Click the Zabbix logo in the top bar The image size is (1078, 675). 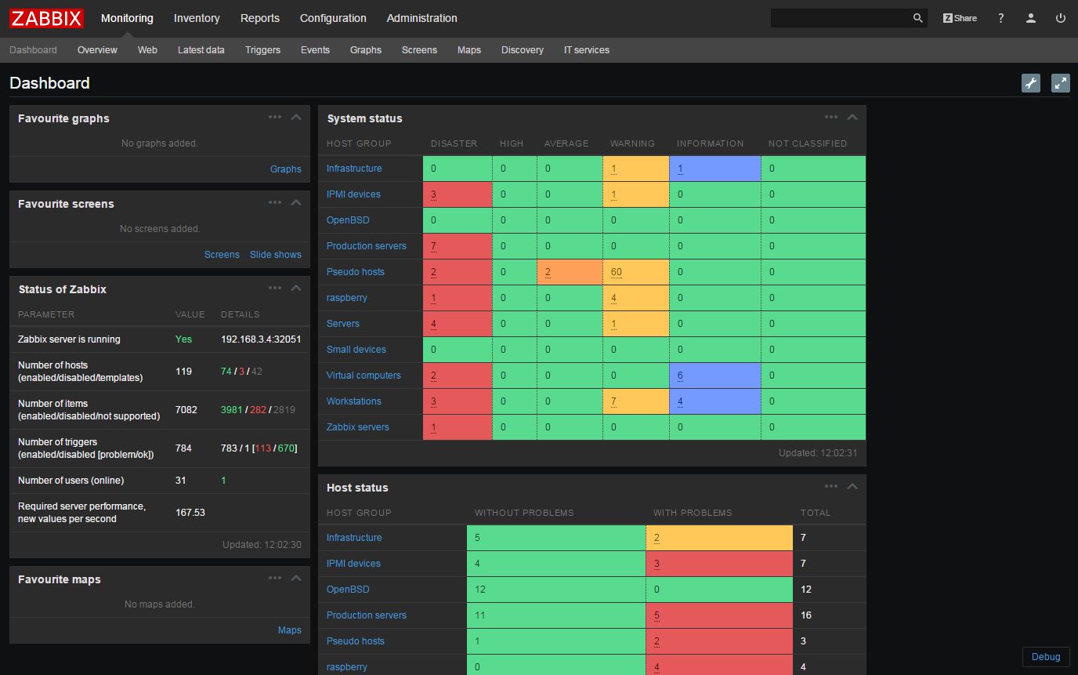point(46,18)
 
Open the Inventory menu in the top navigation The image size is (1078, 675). point(197,18)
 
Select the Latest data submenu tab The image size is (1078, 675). point(201,50)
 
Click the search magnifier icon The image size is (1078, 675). point(918,18)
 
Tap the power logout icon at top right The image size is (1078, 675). point(1061,18)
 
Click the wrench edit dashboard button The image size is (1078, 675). point(1031,83)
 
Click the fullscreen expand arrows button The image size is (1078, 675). point(1060,83)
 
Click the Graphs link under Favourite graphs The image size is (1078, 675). point(285,169)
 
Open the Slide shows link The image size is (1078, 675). point(275,255)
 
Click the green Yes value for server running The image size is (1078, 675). point(183,339)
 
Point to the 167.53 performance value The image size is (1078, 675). point(190,513)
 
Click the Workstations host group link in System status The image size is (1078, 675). point(353,401)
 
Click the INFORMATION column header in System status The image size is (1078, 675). point(710,143)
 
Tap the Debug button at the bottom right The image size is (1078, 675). point(1045,657)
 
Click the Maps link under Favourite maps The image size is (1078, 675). point(289,630)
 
